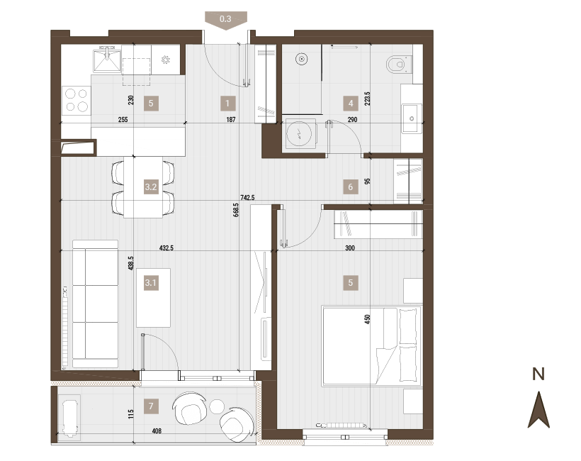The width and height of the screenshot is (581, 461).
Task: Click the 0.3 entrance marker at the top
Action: (x=225, y=20)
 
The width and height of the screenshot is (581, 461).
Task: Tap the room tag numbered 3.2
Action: (x=151, y=187)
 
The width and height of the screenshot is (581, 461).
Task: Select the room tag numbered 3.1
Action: (x=151, y=283)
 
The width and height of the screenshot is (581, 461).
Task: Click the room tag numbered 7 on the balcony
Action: (x=151, y=406)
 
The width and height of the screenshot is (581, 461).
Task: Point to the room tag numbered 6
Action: (x=351, y=187)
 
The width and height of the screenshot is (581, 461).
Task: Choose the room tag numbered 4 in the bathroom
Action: (x=351, y=104)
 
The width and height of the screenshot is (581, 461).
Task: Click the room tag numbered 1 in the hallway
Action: (x=227, y=104)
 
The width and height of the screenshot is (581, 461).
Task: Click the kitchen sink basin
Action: (x=107, y=60)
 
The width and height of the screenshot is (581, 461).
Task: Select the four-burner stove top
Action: (x=77, y=101)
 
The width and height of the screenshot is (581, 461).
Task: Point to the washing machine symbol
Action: (x=300, y=134)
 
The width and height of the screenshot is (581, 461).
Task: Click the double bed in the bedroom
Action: (x=373, y=345)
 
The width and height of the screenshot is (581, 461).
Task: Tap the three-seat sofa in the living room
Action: (x=95, y=304)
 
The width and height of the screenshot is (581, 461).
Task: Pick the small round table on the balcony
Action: (x=217, y=406)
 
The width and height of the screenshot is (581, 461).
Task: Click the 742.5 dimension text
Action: (x=247, y=198)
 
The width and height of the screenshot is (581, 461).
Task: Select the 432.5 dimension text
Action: (x=167, y=248)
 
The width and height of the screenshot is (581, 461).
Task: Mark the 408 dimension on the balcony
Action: (x=157, y=431)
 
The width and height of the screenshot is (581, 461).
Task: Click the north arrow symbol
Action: (x=538, y=410)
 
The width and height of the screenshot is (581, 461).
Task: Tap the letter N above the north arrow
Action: (x=538, y=374)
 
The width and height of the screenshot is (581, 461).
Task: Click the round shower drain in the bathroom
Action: (x=302, y=59)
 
